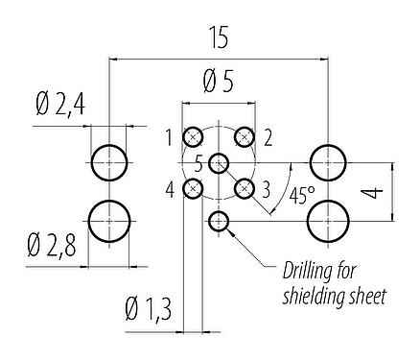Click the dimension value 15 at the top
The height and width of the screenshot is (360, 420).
219,38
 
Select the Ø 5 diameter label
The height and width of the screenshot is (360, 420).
220,84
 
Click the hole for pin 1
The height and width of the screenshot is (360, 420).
194,136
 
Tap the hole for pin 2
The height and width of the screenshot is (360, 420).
245,136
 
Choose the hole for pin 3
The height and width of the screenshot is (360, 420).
245,188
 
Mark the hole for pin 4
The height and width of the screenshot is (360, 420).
194,188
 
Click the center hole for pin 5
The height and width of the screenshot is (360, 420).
220,162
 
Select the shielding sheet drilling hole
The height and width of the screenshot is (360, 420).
220,222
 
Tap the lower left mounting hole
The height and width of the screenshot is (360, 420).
109,222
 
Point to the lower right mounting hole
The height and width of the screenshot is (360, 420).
329,222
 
